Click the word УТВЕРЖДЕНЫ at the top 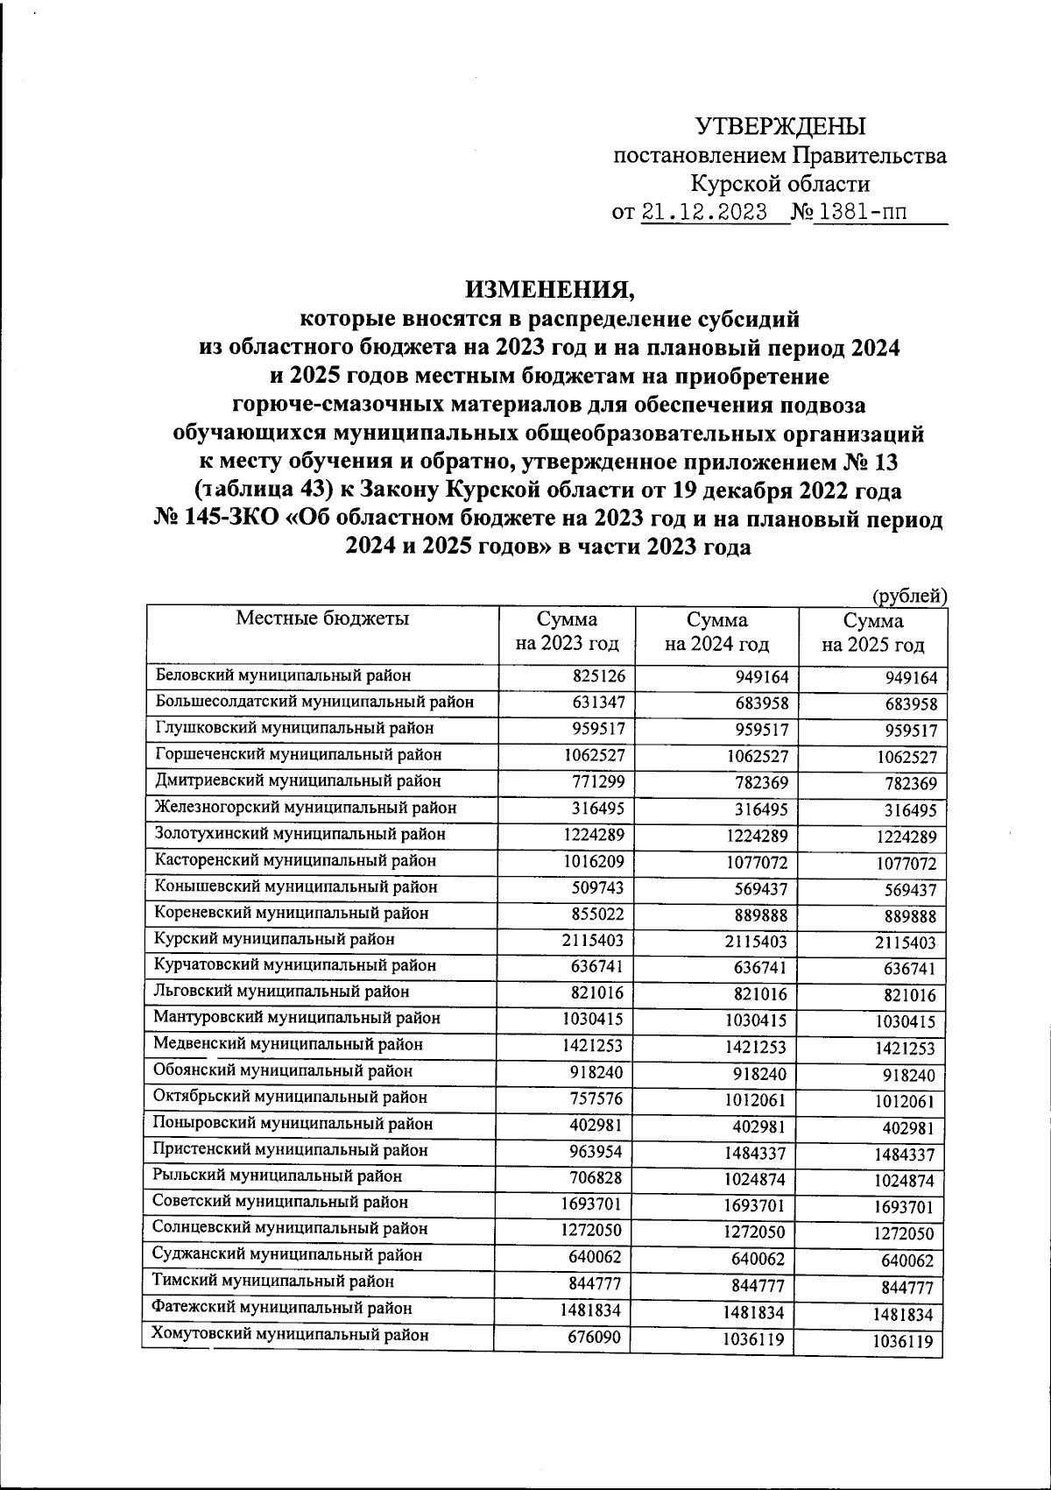click(780, 126)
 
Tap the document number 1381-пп click(860, 213)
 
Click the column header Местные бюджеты click(322, 618)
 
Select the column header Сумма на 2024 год click(716, 632)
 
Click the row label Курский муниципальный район click(274, 939)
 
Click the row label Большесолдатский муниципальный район click(314, 702)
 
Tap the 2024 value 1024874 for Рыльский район click(755, 1180)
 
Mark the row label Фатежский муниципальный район click(282, 1308)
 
